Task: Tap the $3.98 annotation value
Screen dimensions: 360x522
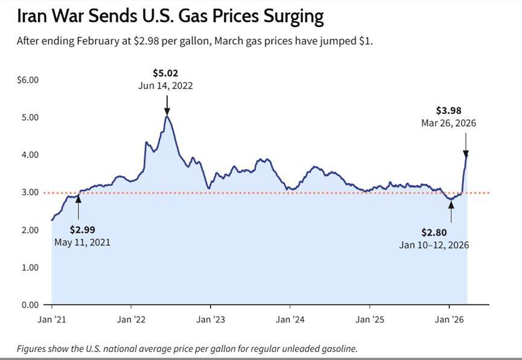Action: (x=448, y=110)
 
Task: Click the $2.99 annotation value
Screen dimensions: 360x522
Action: (x=83, y=230)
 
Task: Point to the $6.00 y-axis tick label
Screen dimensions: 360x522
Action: (x=28, y=80)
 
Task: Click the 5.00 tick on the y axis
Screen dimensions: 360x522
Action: (x=30, y=117)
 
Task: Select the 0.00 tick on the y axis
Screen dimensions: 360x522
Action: (x=30, y=305)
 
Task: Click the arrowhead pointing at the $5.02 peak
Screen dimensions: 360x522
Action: (x=167, y=112)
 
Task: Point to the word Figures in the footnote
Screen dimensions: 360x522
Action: (x=31, y=349)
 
